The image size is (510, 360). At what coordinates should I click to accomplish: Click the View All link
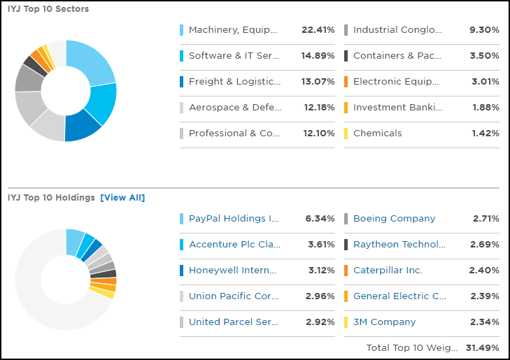pos(122,198)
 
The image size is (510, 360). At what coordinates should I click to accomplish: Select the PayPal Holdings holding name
pos(233,219)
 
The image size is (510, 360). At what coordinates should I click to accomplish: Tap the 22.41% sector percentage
pos(318,30)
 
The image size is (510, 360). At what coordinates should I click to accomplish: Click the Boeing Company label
pos(394,219)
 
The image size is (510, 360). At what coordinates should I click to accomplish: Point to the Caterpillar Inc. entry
pos(388,271)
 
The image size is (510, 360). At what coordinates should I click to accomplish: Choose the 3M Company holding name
pos(384,322)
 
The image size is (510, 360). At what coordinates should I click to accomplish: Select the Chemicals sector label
pos(377,134)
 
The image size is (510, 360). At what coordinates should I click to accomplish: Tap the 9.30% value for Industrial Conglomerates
pos(484,30)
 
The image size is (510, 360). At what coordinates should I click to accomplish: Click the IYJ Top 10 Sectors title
pos(48,9)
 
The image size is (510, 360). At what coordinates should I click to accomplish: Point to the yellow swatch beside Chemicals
pos(346,134)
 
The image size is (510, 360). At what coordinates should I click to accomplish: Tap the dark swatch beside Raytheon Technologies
pos(346,245)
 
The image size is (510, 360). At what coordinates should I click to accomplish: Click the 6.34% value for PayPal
pos(320,219)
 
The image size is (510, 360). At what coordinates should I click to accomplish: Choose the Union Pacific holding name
pos(233,296)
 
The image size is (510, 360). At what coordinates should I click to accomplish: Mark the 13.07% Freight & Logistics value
pos(318,82)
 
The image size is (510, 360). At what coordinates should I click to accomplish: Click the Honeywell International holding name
pos(232,271)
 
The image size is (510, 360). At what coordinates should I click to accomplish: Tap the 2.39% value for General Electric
pos(484,296)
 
